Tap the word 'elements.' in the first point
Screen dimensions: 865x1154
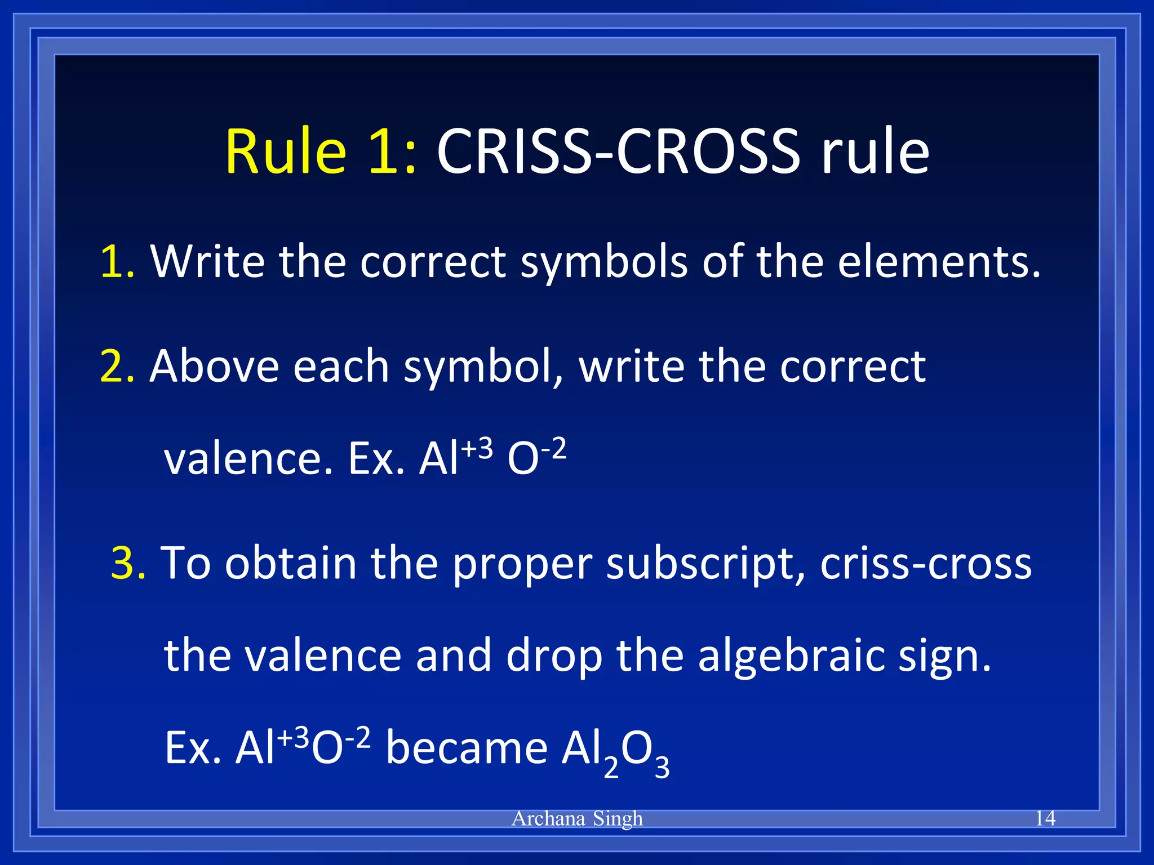point(938,261)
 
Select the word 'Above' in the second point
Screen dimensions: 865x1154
point(214,366)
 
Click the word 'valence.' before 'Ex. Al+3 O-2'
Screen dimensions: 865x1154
point(248,459)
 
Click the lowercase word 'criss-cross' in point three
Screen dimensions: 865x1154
point(926,563)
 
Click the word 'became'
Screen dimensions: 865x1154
point(467,748)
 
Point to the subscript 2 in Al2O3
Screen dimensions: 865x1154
point(611,768)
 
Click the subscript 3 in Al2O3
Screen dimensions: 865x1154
point(662,768)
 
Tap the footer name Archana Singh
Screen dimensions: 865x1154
point(577,818)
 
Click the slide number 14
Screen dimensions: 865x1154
point(1045,818)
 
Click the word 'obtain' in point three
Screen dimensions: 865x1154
point(291,563)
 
